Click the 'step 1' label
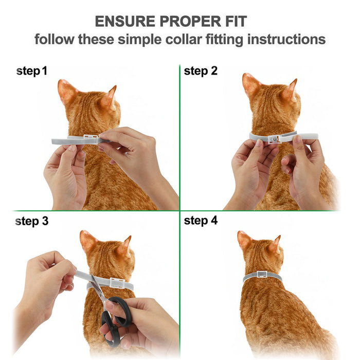32,71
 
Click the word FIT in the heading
232,22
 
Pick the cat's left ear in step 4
244,240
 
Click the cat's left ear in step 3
87,240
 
